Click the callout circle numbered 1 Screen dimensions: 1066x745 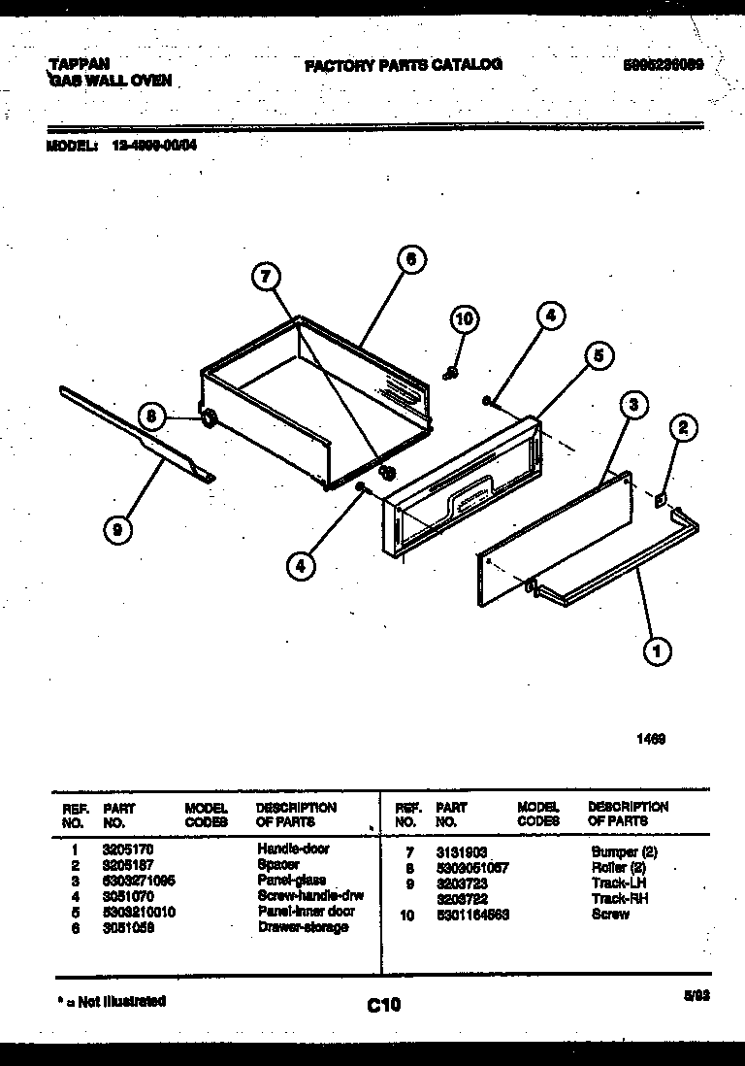pyautogui.click(x=658, y=651)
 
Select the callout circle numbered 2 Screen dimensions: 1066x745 pyautogui.click(x=682, y=426)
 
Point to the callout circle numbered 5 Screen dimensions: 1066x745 pyautogui.click(x=599, y=357)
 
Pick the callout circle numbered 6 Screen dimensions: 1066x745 pyautogui.click(x=410, y=259)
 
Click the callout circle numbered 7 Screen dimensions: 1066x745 pyautogui.click(x=266, y=278)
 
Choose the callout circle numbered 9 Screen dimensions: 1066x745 pyautogui.click(x=116, y=529)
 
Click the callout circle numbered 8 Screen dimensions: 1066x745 pyautogui.click(x=151, y=416)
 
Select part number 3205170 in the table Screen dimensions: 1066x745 pyautogui.click(x=121, y=849)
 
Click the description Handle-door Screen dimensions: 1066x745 pyautogui.click(x=293, y=849)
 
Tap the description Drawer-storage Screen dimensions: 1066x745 pyautogui.click(x=302, y=927)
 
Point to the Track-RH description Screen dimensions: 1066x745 pyautogui.click(x=619, y=899)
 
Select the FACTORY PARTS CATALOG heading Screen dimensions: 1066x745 pyautogui.click(x=404, y=65)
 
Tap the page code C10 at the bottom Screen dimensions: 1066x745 pyautogui.click(x=383, y=1005)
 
